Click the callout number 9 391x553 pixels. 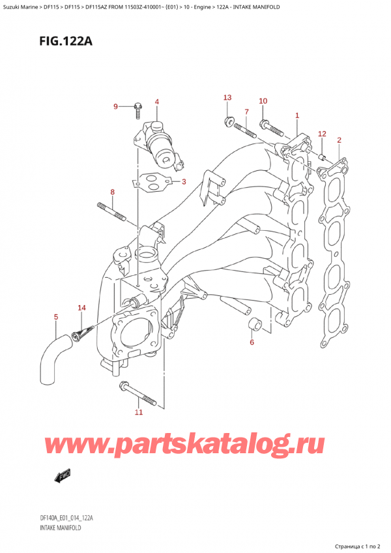pyautogui.click(x=115, y=106)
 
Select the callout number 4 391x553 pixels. pyautogui.click(x=157, y=102)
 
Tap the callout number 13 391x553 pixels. pyautogui.click(x=227, y=98)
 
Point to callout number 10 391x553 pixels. pyautogui.click(x=263, y=101)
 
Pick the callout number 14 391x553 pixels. pyautogui.click(x=81, y=307)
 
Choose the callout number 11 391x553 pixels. pyautogui.click(x=138, y=412)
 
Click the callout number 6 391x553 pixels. pyautogui.click(x=252, y=341)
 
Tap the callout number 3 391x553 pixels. pyautogui.click(x=184, y=181)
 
